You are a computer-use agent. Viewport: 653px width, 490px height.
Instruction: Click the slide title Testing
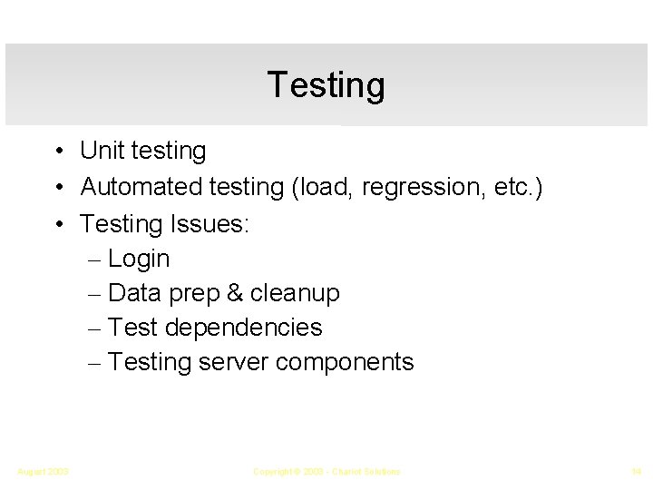(x=326, y=85)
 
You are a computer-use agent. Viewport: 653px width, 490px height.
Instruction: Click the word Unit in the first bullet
(x=102, y=151)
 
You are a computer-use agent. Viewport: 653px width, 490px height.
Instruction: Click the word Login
(x=139, y=260)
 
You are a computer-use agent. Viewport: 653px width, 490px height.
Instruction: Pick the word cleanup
(x=294, y=293)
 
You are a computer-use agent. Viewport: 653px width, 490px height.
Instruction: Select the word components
(x=345, y=362)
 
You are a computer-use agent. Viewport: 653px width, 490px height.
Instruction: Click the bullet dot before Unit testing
(x=57, y=151)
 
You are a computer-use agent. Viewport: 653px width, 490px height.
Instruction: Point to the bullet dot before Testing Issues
(x=57, y=223)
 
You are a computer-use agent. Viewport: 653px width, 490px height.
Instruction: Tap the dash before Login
(x=97, y=260)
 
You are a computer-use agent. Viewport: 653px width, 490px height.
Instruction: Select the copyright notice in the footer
(x=326, y=472)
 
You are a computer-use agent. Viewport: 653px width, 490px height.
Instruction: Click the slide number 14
(x=636, y=472)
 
